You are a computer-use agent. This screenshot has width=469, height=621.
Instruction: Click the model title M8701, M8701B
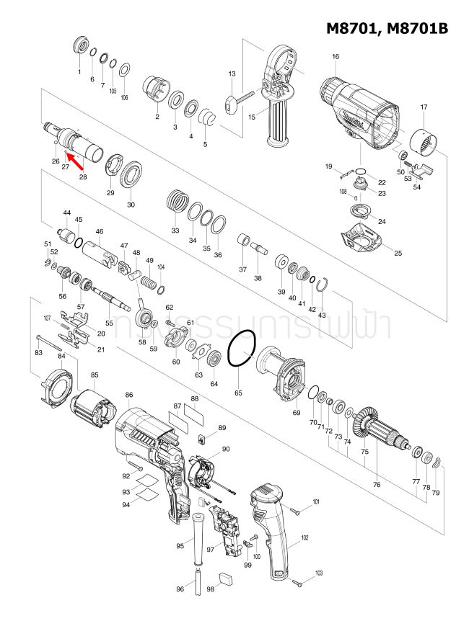tap(387, 28)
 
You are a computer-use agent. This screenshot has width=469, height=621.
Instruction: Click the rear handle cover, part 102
tap(271, 533)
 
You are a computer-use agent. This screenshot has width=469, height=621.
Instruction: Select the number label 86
tap(129, 395)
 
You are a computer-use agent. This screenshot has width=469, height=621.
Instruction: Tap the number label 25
tap(398, 253)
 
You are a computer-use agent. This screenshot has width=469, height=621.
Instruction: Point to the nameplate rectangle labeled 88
tap(196, 416)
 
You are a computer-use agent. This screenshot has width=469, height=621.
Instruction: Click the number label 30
tap(131, 205)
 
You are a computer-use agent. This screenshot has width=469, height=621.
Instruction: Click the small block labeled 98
tap(225, 576)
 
